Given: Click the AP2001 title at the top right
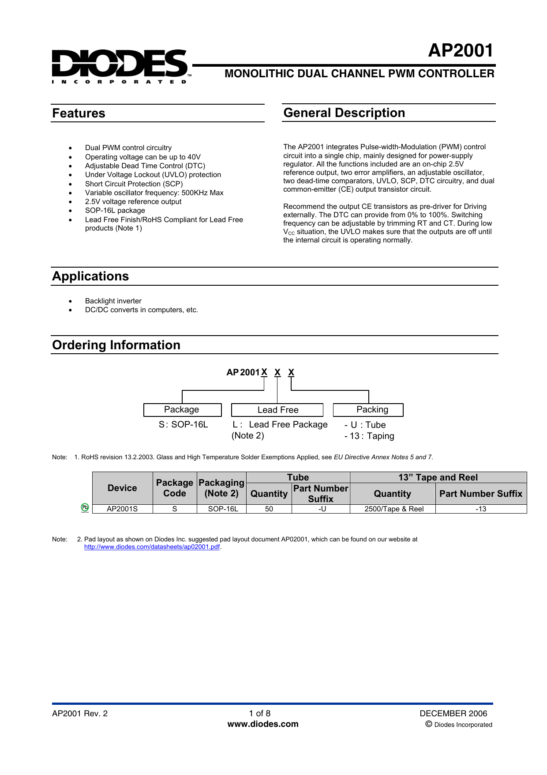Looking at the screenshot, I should click(461, 51).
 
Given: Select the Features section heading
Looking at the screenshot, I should click(79, 113).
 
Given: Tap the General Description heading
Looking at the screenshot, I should click(344, 113).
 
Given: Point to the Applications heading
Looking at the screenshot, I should click(90, 276).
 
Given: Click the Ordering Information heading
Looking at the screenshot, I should click(116, 345).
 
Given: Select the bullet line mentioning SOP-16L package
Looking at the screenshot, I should click(115, 211).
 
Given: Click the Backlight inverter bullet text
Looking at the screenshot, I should click(113, 301).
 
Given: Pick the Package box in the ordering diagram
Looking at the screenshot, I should click(182, 410).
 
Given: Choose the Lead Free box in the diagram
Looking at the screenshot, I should click(277, 410).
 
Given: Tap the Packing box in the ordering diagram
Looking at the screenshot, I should click(368, 410).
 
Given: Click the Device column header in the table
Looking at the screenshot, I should click(122, 488).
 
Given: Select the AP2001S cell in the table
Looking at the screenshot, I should click(122, 509).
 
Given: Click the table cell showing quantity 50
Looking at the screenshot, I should click(269, 509).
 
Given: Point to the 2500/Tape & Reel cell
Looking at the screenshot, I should click(393, 509).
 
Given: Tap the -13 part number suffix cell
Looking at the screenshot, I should click(480, 509).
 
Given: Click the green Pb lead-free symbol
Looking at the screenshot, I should click(85, 508).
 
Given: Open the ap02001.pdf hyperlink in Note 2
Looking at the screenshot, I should click(152, 547).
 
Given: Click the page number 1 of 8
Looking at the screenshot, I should click(259, 714).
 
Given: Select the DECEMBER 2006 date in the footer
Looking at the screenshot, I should click(453, 714).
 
